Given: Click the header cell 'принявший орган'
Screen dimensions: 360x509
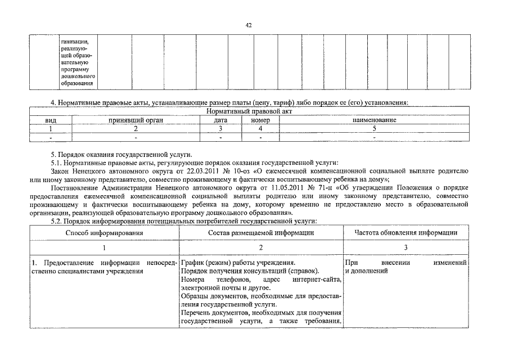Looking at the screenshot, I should tap(136, 120).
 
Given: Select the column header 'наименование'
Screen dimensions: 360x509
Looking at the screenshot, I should tap(374, 120).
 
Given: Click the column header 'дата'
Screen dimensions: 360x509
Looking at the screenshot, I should tap(220, 120).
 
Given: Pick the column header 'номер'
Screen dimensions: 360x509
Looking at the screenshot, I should tap(260, 120).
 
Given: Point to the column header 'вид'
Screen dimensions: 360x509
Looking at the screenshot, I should tap(51, 120).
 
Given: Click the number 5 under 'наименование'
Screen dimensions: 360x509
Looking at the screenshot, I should tap(374, 128).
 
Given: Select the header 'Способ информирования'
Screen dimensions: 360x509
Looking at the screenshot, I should tap(104, 232).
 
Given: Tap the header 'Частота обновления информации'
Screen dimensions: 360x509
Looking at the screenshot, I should tap(406, 232).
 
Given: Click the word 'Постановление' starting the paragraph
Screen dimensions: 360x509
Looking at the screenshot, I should tap(74, 187).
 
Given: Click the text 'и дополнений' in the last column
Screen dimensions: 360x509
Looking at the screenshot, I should tap(365, 271).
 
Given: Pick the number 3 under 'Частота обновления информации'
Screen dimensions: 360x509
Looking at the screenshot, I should tap(406, 247).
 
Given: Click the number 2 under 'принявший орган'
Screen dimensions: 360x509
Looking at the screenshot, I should tap(136, 128).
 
